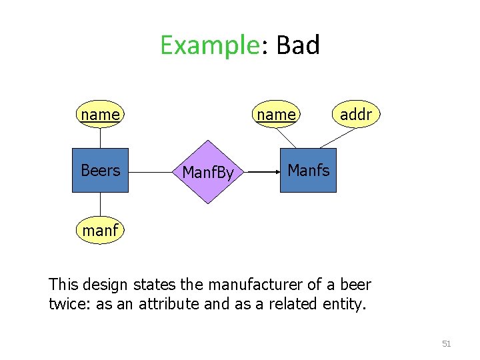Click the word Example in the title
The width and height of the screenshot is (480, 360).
pyautogui.click(x=209, y=45)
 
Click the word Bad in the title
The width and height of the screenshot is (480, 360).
pyautogui.click(x=297, y=45)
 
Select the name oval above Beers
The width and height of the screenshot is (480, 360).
pyautogui.click(x=100, y=115)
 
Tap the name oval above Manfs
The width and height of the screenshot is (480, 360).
pyautogui.click(x=276, y=115)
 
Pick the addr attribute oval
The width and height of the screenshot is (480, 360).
pyautogui.click(x=355, y=115)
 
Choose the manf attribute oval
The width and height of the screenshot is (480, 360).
pyautogui.click(x=100, y=231)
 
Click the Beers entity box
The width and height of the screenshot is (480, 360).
pyautogui.click(x=100, y=171)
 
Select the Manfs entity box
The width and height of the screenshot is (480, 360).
pyautogui.click(x=308, y=171)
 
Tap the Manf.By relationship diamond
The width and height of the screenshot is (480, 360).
pyautogui.click(x=208, y=173)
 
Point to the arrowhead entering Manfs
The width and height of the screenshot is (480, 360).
pyautogui.click(x=276, y=171)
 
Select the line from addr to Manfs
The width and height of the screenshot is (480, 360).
pyautogui.click(x=337, y=137)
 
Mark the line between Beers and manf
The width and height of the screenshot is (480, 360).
pyautogui.click(x=100, y=206)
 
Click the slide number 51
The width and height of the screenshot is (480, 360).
pyautogui.click(x=447, y=344)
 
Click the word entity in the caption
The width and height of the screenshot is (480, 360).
pyautogui.click(x=345, y=304)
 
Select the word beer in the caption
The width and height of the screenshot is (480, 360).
pyautogui.click(x=355, y=285)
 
